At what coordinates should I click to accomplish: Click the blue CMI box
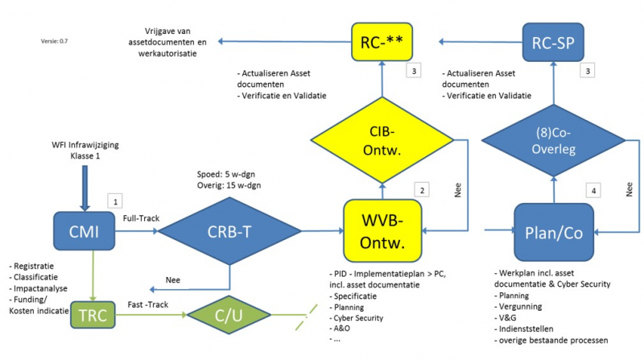click(85, 233)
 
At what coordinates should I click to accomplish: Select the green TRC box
click(94, 313)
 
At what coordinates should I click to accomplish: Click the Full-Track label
click(140, 218)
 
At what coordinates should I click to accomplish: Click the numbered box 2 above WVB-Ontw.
click(419, 189)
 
